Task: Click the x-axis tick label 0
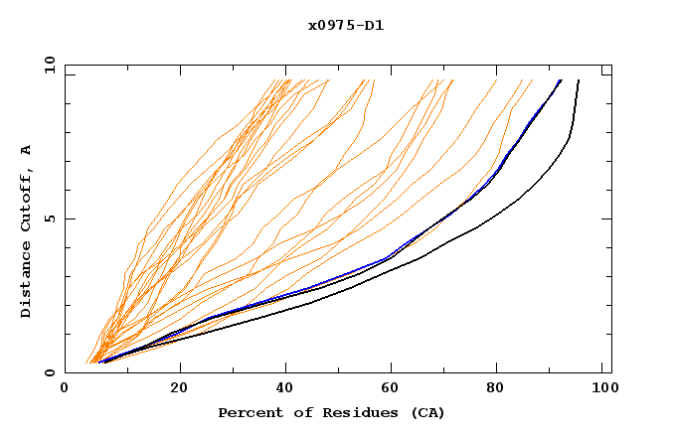tap(65, 390)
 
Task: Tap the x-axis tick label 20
tap(178, 390)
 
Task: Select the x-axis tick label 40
tap(286, 390)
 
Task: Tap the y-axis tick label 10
tap(48, 65)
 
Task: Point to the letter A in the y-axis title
tap(27, 149)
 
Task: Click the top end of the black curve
tap(579, 80)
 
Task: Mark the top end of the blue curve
tap(561, 80)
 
